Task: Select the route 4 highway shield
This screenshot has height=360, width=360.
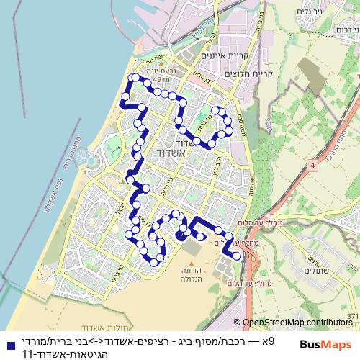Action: point(313,166)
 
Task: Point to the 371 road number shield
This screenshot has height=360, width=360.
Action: point(352,316)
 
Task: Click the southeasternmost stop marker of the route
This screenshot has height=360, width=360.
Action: point(238,256)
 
